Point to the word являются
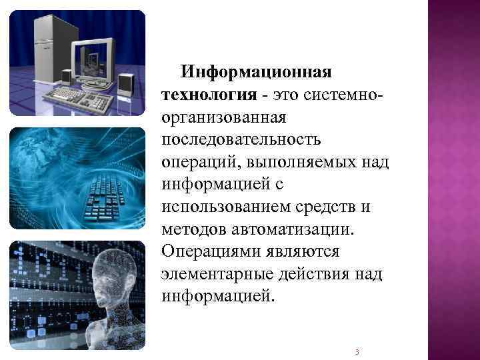tap(306, 253)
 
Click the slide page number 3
tap(358, 351)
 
